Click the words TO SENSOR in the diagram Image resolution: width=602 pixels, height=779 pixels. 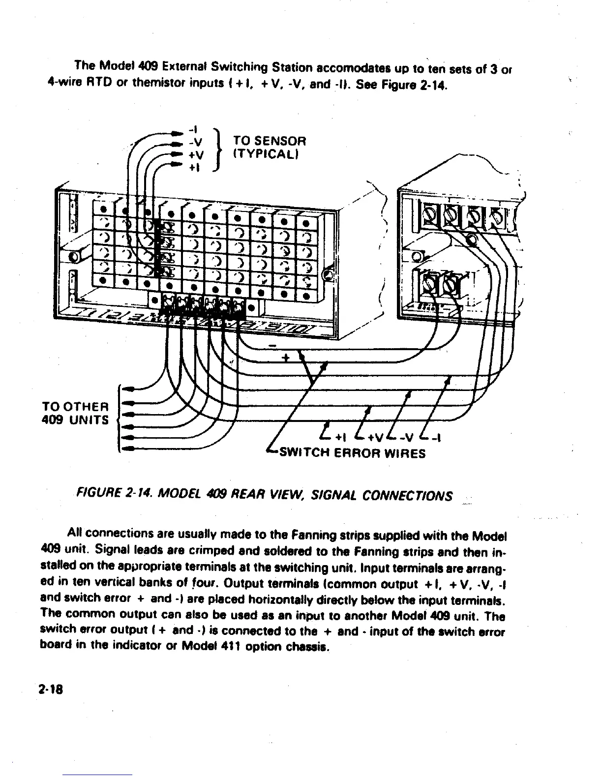tap(269, 141)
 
